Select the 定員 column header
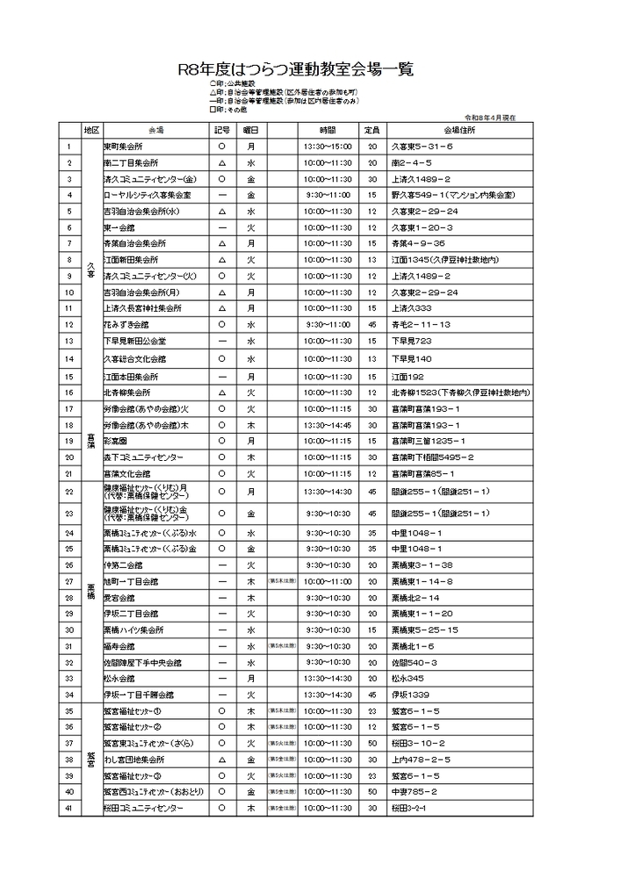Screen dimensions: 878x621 click(372, 130)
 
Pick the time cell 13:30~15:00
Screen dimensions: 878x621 click(328, 147)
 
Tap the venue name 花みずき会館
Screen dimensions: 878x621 click(127, 325)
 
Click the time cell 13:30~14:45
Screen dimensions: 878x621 click(328, 425)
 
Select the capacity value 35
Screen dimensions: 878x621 click(372, 532)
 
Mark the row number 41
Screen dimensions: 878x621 click(69, 808)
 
